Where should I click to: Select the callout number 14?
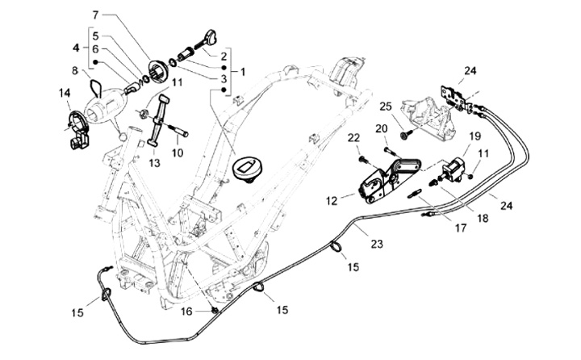65,94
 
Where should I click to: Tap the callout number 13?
154,162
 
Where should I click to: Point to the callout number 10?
177,152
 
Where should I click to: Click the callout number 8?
75,71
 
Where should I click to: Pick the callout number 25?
385,107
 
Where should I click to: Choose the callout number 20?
381,129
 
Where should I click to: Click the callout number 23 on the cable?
377,242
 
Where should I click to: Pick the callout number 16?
186,310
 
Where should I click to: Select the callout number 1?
244,71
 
